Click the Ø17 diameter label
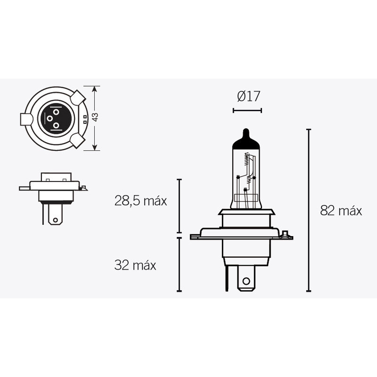click(x=248, y=97)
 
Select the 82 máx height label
click(x=341, y=211)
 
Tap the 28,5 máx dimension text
click(x=140, y=201)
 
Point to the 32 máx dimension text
click(x=135, y=265)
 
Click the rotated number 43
click(x=95, y=117)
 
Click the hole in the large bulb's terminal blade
click(x=246, y=281)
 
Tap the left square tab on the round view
click(x=26, y=119)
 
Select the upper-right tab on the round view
click(x=78, y=98)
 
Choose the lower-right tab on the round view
click(x=77, y=139)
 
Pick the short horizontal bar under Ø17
click(x=247, y=111)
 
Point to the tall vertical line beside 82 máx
click(x=309, y=210)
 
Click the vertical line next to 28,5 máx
click(x=179, y=206)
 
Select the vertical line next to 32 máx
click(x=179, y=264)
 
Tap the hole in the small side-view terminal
click(x=56, y=219)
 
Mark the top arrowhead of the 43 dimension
click(x=95, y=89)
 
